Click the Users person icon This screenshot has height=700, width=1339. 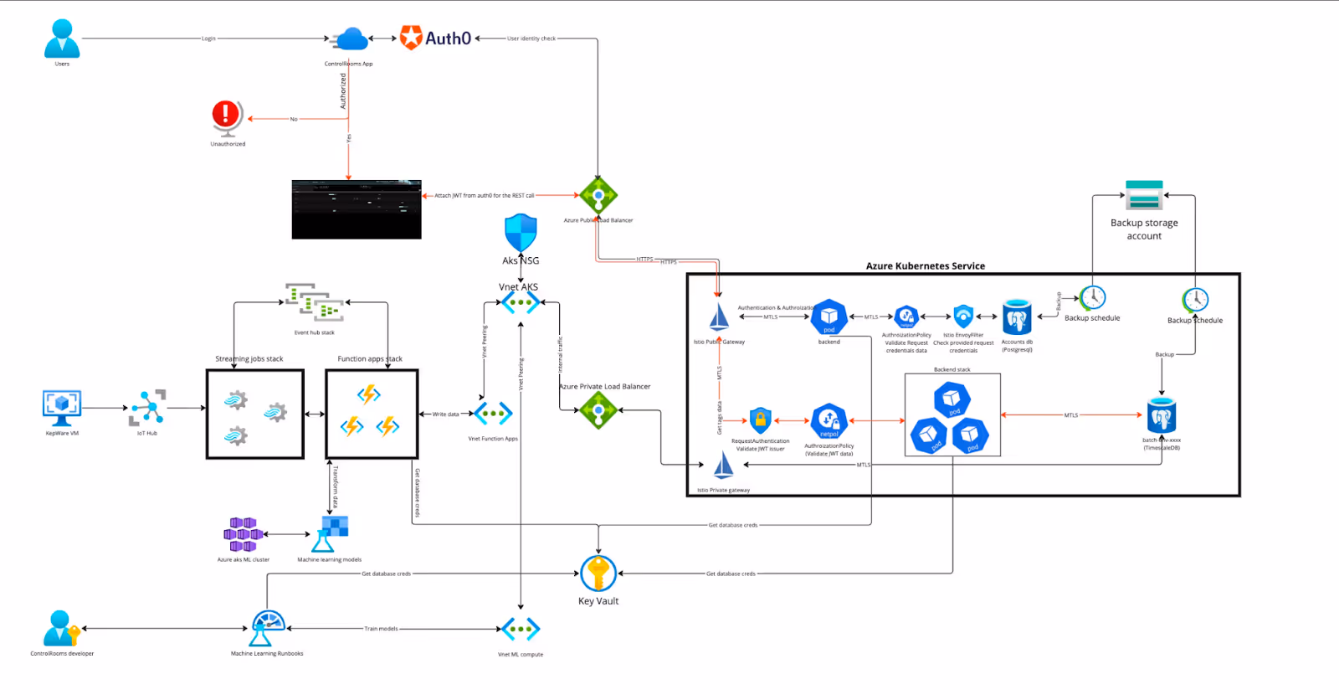(62, 39)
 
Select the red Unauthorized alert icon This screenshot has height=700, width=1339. (226, 116)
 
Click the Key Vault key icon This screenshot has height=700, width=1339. (598, 574)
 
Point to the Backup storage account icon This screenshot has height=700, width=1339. (1144, 195)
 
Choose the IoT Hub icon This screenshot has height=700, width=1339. (147, 408)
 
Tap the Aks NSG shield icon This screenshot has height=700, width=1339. (521, 232)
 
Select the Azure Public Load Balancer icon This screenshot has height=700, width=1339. (598, 196)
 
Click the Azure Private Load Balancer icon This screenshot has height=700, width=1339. (598, 410)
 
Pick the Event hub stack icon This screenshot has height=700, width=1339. (315, 303)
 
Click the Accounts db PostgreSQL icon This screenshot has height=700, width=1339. (1017, 317)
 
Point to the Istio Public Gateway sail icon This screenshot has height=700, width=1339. (719, 318)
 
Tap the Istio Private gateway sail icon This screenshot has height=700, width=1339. (723, 466)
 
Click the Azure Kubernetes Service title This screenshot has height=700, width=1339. (925, 266)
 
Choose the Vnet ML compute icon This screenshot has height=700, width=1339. (521, 629)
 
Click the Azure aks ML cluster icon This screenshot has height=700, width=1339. (243, 534)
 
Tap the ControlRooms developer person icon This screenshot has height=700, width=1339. (61, 628)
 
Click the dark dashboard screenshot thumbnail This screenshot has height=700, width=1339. (357, 209)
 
